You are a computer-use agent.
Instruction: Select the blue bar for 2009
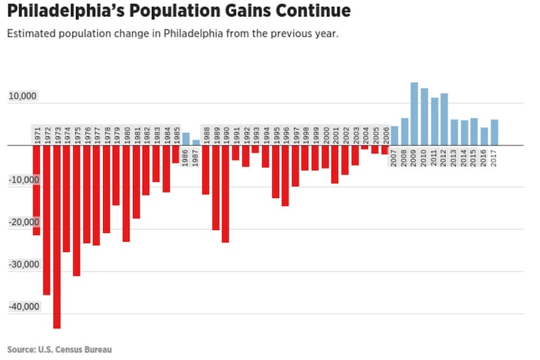click(x=414, y=114)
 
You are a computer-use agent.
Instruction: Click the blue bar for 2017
click(x=494, y=132)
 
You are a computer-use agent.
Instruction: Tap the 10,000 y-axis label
click(x=23, y=97)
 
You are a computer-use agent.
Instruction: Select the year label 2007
click(x=394, y=158)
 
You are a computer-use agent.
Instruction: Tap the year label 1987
click(x=196, y=158)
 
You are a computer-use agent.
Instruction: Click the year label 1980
click(x=126, y=133)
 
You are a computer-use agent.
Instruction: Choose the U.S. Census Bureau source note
click(x=60, y=349)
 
